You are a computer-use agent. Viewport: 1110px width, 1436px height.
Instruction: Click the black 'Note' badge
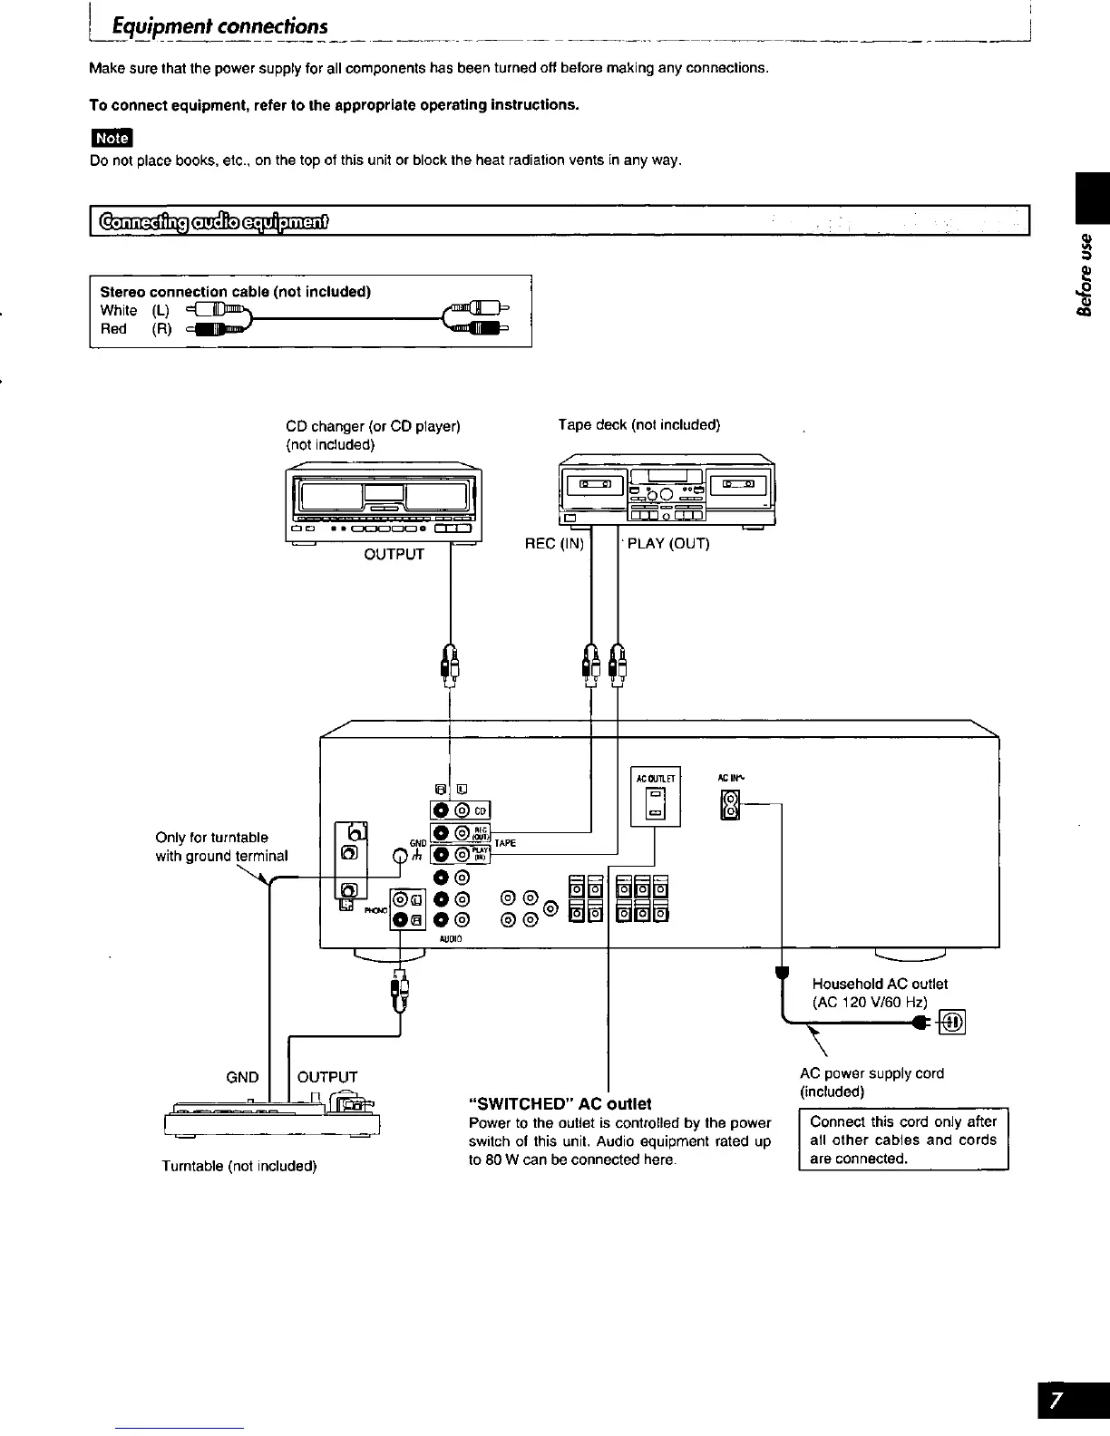click(x=112, y=137)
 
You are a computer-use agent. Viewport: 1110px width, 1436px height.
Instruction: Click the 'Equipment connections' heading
click(x=219, y=25)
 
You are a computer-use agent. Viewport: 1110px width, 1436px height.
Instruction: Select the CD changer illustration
click(x=383, y=504)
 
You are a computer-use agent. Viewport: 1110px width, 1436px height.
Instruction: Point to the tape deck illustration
click(x=667, y=491)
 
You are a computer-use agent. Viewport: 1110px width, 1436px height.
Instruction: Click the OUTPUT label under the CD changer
click(x=394, y=554)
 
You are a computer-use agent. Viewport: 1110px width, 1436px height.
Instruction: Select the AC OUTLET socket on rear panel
click(x=654, y=802)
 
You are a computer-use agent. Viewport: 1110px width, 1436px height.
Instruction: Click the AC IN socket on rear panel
click(x=730, y=805)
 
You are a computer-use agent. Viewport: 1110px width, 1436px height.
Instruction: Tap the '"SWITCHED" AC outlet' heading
click(x=560, y=1103)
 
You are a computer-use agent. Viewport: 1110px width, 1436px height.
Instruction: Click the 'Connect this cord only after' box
click(x=903, y=1140)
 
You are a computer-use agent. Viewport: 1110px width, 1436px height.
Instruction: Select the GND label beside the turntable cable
click(x=242, y=1077)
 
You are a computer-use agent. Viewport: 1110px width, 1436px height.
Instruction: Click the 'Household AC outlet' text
click(x=880, y=984)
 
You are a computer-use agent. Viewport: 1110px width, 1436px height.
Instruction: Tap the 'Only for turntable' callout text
click(x=212, y=837)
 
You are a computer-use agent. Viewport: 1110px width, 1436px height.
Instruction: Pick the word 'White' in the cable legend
click(x=119, y=310)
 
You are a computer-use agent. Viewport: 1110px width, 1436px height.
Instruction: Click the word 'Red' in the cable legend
click(x=113, y=329)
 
